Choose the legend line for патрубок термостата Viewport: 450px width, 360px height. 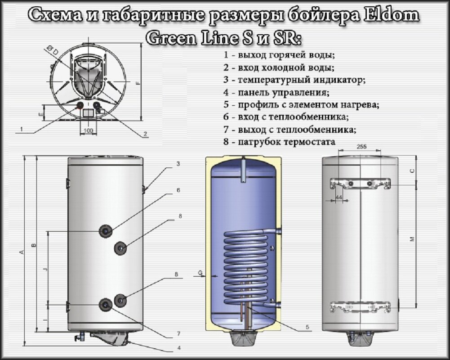tap(279, 142)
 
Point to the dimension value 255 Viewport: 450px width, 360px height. tap(361, 147)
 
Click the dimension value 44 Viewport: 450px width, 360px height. tap(339, 197)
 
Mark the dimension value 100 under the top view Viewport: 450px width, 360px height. tap(88, 130)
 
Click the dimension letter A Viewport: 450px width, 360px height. tap(22, 252)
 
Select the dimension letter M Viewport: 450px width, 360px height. tap(412, 240)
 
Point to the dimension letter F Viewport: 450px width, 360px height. tap(138, 83)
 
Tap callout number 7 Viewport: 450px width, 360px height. tap(178, 334)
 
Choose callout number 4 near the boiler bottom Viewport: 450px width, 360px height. tap(178, 347)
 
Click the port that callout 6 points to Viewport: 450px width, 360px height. tap(106, 231)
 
